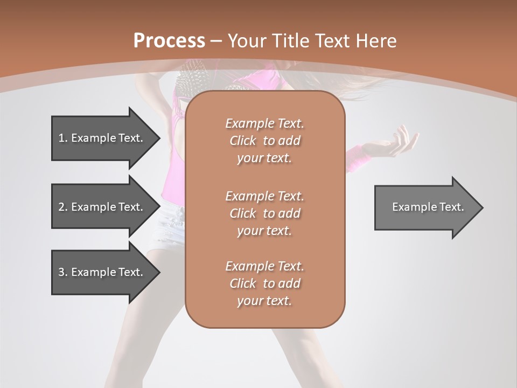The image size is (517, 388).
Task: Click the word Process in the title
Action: click(169, 41)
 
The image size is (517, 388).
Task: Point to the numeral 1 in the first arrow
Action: click(61, 138)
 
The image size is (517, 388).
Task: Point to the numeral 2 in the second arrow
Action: click(61, 207)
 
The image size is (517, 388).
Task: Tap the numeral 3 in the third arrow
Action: click(61, 272)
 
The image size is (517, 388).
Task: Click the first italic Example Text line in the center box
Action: click(264, 123)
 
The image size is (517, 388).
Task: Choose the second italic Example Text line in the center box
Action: click(264, 196)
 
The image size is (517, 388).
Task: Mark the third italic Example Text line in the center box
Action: click(264, 266)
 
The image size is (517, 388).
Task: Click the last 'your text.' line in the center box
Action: click(264, 301)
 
